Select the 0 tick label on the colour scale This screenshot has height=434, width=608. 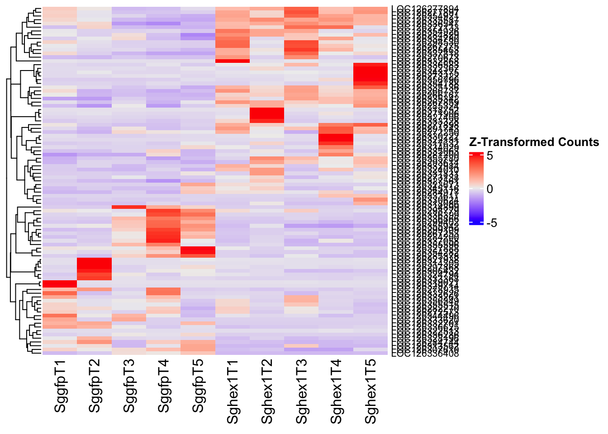tap(490, 189)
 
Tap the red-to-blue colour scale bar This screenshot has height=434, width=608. tap(477, 189)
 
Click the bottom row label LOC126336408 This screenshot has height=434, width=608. tap(425, 354)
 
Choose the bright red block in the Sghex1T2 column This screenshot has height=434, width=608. tap(267, 115)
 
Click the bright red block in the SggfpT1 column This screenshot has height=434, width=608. tap(60, 283)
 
